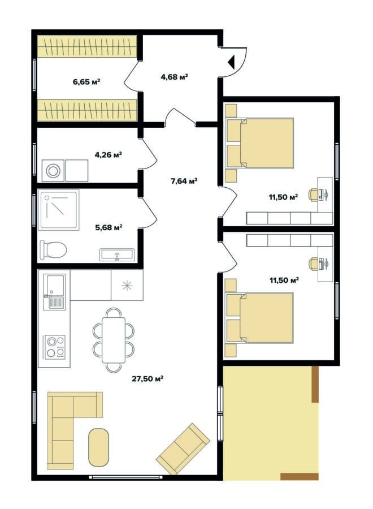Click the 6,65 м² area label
pyautogui.click(x=86, y=81)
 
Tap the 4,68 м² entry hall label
pyautogui.click(x=175, y=76)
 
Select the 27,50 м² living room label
pyautogui.click(x=148, y=378)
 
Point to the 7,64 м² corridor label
pyautogui.click(x=184, y=181)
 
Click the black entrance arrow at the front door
pyautogui.click(x=231, y=62)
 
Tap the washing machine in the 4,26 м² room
pyautogui.click(x=53, y=170)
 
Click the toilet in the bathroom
pyautogui.click(x=53, y=249)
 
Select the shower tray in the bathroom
pyautogui.click(x=58, y=210)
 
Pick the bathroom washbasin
pyautogui.click(x=117, y=255)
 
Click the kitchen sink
pyautogui.click(x=54, y=291)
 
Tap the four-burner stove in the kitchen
pyautogui.click(x=55, y=347)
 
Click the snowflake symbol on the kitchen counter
pyautogui.click(x=127, y=286)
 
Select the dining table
pyautogui.click(x=114, y=340)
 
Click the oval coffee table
pyautogui.click(x=98, y=447)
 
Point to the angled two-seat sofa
pyautogui.click(x=183, y=448)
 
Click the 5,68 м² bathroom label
pyautogui.click(x=109, y=227)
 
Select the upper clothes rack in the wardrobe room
pyautogui.click(x=87, y=46)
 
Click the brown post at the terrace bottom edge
pyautogui.click(x=300, y=477)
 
